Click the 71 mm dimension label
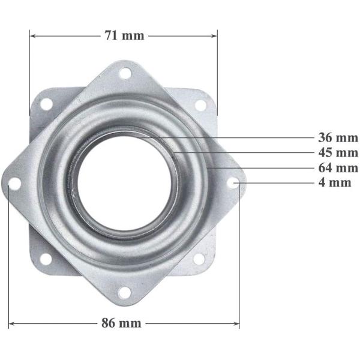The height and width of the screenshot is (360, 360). tap(124, 35)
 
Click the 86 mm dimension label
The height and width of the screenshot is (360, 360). tap(121, 323)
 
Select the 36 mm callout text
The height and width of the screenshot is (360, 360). tap(338, 138)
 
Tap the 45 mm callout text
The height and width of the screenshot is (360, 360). tap(338, 152)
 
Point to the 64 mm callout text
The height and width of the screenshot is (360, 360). tap(338, 168)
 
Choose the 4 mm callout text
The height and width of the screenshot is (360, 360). tap(335, 183)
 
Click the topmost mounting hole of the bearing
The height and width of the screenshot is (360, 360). tap(125, 73)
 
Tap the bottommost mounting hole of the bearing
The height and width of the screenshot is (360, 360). tap(124, 293)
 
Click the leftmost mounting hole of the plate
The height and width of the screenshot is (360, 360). tap(14, 184)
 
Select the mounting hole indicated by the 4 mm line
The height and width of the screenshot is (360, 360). tap(234, 183)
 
